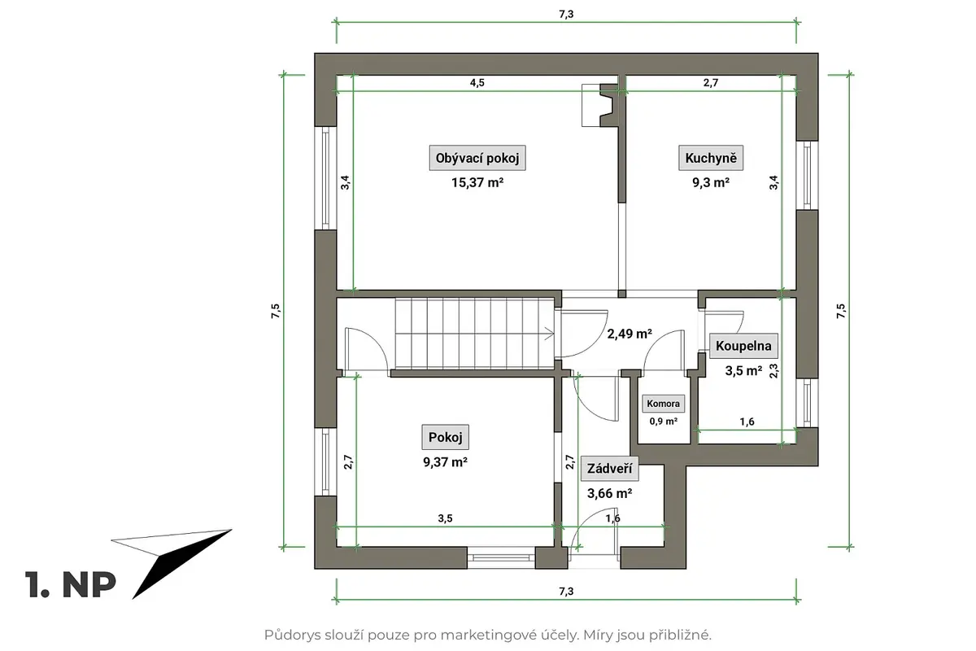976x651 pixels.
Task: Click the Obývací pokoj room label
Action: tap(477, 158)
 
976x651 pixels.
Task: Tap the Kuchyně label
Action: tap(711, 158)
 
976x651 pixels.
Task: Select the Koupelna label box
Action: tap(743, 346)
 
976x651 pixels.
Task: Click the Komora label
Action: tap(663, 404)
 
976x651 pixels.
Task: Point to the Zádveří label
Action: tap(609, 468)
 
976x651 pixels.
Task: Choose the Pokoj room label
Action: tap(446, 437)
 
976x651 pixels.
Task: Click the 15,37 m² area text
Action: tap(477, 182)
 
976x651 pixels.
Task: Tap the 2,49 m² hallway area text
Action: tap(630, 334)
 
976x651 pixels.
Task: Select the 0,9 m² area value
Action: tap(663, 422)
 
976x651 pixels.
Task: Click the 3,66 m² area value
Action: tap(609, 493)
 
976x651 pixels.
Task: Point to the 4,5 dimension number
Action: tap(477, 82)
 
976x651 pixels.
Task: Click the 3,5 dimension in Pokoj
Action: tap(446, 518)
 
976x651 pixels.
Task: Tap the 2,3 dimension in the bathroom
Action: tap(773, 370)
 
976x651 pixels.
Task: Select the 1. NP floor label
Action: tap(71, 584)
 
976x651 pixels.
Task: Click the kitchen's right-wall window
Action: tap(808, 175)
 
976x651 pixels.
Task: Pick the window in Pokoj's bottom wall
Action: tap(501, 557)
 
